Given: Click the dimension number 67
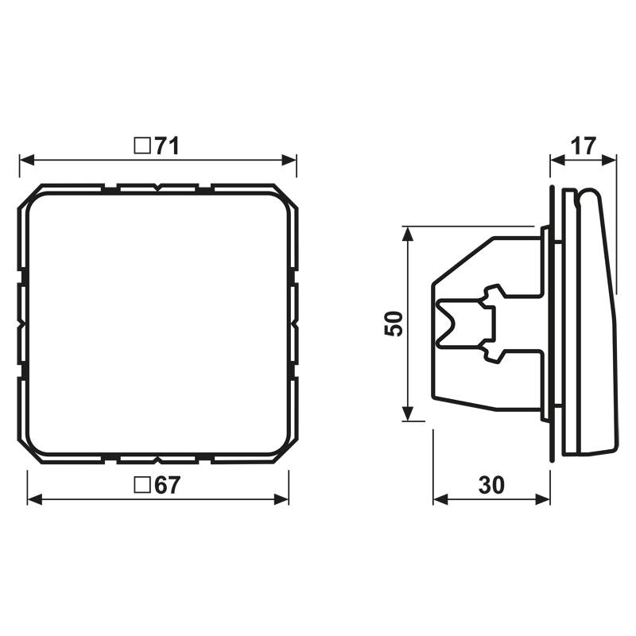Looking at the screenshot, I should click(168, 486).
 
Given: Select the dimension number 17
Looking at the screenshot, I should click(583, 145).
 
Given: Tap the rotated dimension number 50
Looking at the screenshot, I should click(394, 324).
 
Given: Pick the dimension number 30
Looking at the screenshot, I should click(492, 486).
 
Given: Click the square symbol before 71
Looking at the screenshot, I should click(142, 145).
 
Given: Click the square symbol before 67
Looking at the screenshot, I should click(142, 486).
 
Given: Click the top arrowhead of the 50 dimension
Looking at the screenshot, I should click(408, 233).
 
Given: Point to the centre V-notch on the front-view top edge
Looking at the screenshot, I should click(158, 188).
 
